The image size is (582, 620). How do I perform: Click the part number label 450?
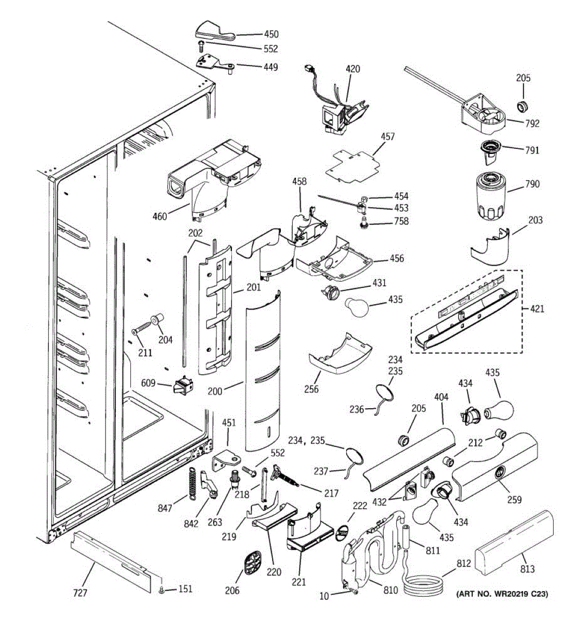[x=271, y=34]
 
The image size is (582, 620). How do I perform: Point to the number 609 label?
[x=148, y=383]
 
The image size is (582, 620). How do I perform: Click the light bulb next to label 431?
[x=357, y=307]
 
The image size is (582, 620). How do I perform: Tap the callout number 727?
[x=80, y=593]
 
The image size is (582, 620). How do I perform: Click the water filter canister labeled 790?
[x=490, y=196]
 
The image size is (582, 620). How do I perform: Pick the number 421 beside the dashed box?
[x=537, y=309]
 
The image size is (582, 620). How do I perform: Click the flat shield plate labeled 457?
[x=353, y=162]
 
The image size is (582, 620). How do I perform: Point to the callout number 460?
[x=159, y=216]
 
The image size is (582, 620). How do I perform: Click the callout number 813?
[x=527, y=569]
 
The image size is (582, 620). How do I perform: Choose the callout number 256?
[x=311, y=389]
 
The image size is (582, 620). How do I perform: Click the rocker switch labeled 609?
[x=183, y=385]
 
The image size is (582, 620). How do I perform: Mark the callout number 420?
[x=353, y=69]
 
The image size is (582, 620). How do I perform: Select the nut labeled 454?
[x=364, y=199]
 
